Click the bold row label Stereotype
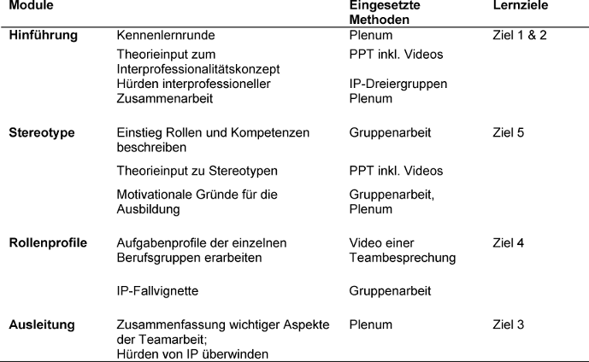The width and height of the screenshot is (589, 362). (42, 133)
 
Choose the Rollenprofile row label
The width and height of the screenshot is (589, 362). (48, 243)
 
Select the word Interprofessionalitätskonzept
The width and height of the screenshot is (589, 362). (199, 68)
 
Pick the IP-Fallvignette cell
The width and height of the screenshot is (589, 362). (157, 291)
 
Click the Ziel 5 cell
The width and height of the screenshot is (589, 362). (510, 133)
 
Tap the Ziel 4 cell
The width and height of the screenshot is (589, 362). (510, 243)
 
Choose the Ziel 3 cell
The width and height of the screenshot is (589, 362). (510, 325)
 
